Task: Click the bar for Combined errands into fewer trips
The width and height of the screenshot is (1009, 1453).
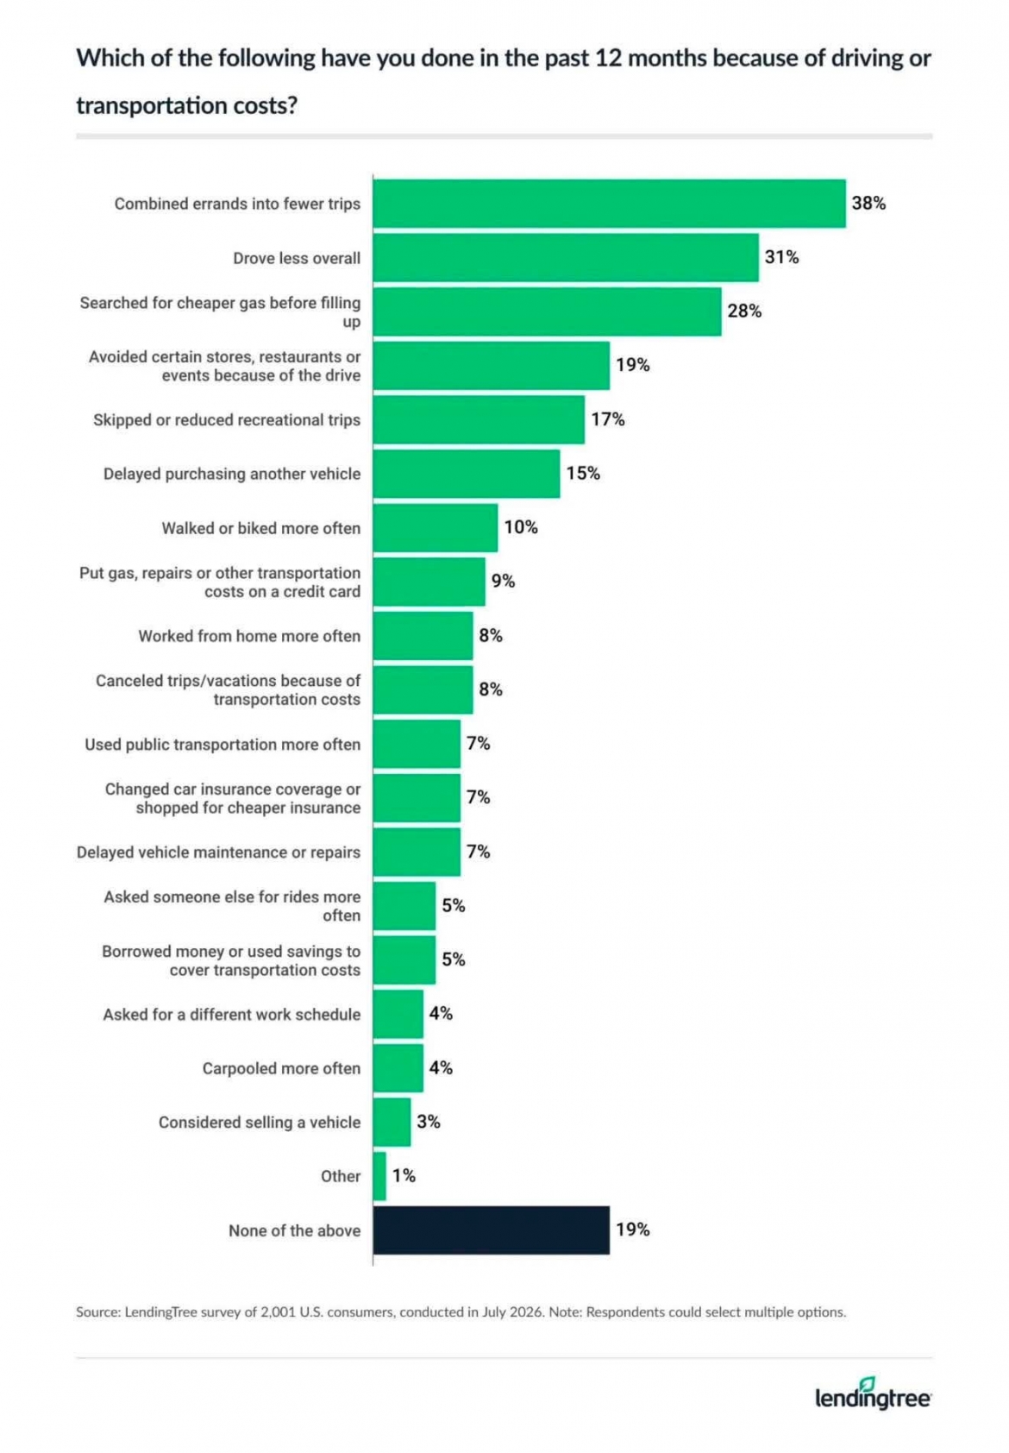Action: click(609, 204)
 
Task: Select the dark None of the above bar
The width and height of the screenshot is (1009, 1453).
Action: click(491, 1230)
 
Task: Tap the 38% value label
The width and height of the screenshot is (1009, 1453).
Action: click(868, 204)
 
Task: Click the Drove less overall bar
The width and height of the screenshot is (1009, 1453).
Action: click(566, 257)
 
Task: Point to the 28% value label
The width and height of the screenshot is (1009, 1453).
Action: click(743, 311)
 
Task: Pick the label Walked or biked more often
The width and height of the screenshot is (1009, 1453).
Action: click(260, 528)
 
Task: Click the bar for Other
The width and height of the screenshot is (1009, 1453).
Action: click(379, 1176)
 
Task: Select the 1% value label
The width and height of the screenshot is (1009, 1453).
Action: click(404, 1175)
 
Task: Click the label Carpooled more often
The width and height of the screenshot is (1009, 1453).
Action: click(281, 1068)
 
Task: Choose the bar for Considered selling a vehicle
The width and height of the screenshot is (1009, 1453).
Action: click(392, 1123)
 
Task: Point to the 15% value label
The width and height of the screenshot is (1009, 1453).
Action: click(582, 474)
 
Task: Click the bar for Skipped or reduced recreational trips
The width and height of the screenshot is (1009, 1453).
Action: click(479, 419)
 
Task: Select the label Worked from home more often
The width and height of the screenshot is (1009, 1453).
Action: click(249, 636)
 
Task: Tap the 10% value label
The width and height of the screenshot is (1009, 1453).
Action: click(521, 527)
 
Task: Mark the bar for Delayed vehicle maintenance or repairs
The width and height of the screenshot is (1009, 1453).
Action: click(417, 852)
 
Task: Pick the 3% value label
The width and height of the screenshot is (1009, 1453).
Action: click(428, 1122)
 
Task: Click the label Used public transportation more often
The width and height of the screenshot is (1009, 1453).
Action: click(222, 744)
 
